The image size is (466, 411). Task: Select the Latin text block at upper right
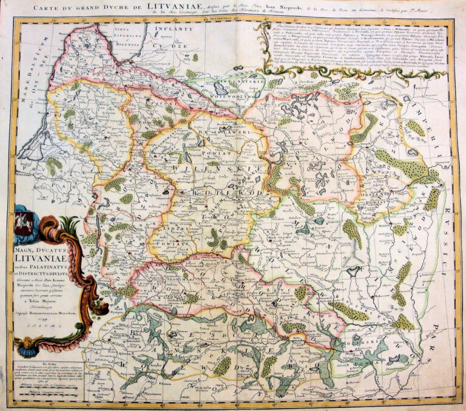point(358,46)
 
